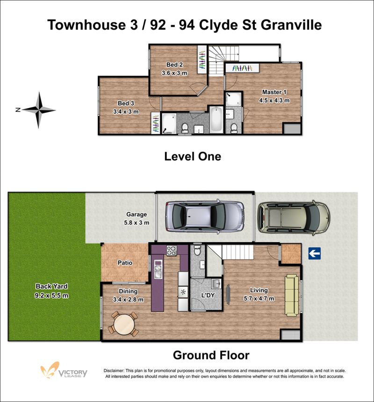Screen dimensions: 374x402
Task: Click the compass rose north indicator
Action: pyautogui.click(x=39, y=110)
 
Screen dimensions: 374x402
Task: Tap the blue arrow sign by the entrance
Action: pyautogui.click(x=315, y=253)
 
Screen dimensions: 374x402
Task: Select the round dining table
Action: pyautogui.click(x=124, y=324)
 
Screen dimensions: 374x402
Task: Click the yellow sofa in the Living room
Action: pyautogui.click(x=292, y=295)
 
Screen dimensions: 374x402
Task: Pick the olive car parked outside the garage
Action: pyautogui.click(x=294, y=218)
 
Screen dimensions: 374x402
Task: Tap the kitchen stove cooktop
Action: pyautogui.click(x=172, y=251)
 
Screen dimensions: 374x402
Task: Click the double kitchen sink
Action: pyautogui.click(x=158, y=269)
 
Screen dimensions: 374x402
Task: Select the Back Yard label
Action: pyautogui.click(x=51, y=286)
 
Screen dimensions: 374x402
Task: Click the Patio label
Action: pyautogui.click(x=125, y=263)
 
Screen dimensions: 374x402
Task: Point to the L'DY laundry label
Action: pyautogui.click(x=208, y=295)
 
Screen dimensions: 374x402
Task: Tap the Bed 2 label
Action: pyautogui.click(x=174, y=65)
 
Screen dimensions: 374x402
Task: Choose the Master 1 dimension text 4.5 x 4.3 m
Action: pyautogui.click(x=274, y=100)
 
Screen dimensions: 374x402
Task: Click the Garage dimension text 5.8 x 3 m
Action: pyautogui.click(x=137, y=223)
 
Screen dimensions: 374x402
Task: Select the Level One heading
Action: pyautogui.click(x=193, y=157)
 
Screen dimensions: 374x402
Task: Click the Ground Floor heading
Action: pyautogui.click(x=211, y=355)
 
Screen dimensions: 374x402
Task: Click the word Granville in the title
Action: pyautogui.click(x=291, y=25)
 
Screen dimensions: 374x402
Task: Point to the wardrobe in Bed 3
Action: pyautogui.click(x=156, y=123)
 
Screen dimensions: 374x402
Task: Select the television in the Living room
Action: pyautogui.click(x=228, y=294)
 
